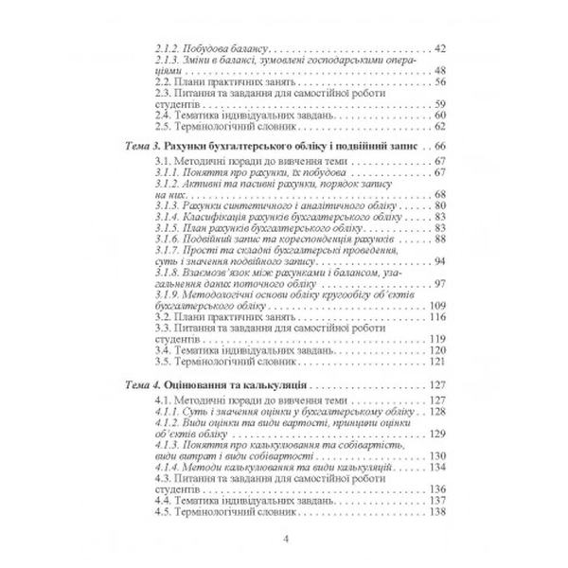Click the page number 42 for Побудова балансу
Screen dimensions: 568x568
437,47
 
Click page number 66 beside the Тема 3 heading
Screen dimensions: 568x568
437,148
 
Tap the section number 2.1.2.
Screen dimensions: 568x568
168,47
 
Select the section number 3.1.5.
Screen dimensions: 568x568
168,227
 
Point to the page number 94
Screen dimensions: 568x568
437,262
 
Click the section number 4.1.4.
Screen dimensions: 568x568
168,467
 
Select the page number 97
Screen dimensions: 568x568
437,285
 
